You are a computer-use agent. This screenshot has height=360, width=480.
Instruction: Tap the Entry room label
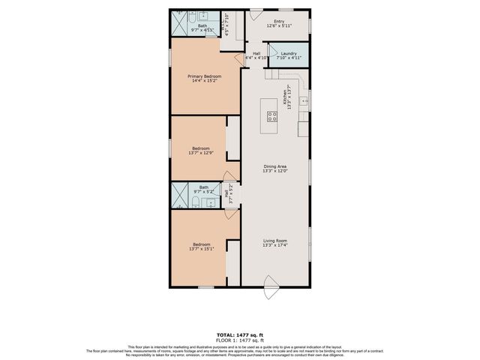tap(279, 22)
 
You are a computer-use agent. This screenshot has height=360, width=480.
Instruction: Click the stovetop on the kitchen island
tap(271, 115)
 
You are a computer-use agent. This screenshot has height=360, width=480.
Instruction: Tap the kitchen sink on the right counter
tap(304, 100)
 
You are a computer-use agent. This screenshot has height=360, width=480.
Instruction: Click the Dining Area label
tap(274, 166)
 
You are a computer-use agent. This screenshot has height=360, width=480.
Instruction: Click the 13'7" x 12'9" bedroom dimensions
tap(200, 153)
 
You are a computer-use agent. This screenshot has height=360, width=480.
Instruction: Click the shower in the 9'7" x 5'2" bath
tap(181, 194)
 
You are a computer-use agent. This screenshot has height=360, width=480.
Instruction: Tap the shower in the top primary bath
tap(181, 22)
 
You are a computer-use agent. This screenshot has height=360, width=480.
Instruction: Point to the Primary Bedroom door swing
tap(226, 45)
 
